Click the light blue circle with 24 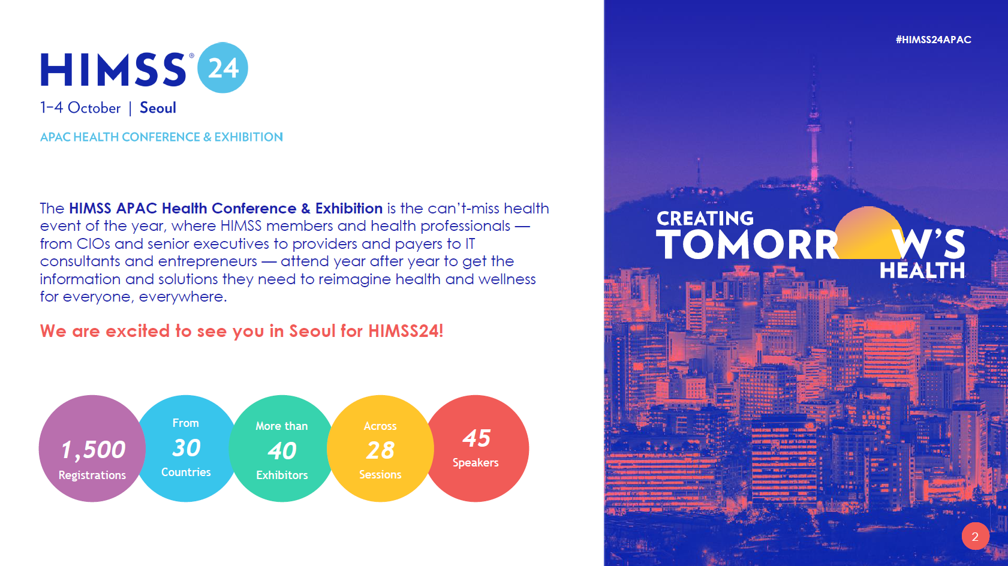pyautogui.click(x=222, y=68)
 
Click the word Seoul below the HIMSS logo pyautogui.click(x=158, y=108)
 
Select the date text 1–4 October pyautogui.click(x=80, y=108)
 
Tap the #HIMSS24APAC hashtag pyautogui.click(x=933, y=40)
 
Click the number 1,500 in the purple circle pyautogui.click(x=93, y=450)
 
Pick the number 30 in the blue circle pyautogui.click(x=186, y=448)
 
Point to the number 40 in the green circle pyautogui.click(x=282, y=451)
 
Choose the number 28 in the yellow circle pyautogui.click(x=380, y=450)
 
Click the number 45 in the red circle pyautogui.click(x=477, y=438)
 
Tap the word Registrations pyautogui.click(x=92, y=475)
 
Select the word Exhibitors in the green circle pyautogui.click(x=282, y=475)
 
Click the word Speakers pyautogui.click(x=476, y=463)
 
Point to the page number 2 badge pyautogui.click(x=975, y=536)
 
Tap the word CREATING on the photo pyautogui.click(x=705, y=219)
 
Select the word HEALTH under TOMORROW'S pyautogui.click(x=922, y=271)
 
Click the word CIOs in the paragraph pyautogui.click(x=93, y=244)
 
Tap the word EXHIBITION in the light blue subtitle pyautogui.click(x=248, y=137)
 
